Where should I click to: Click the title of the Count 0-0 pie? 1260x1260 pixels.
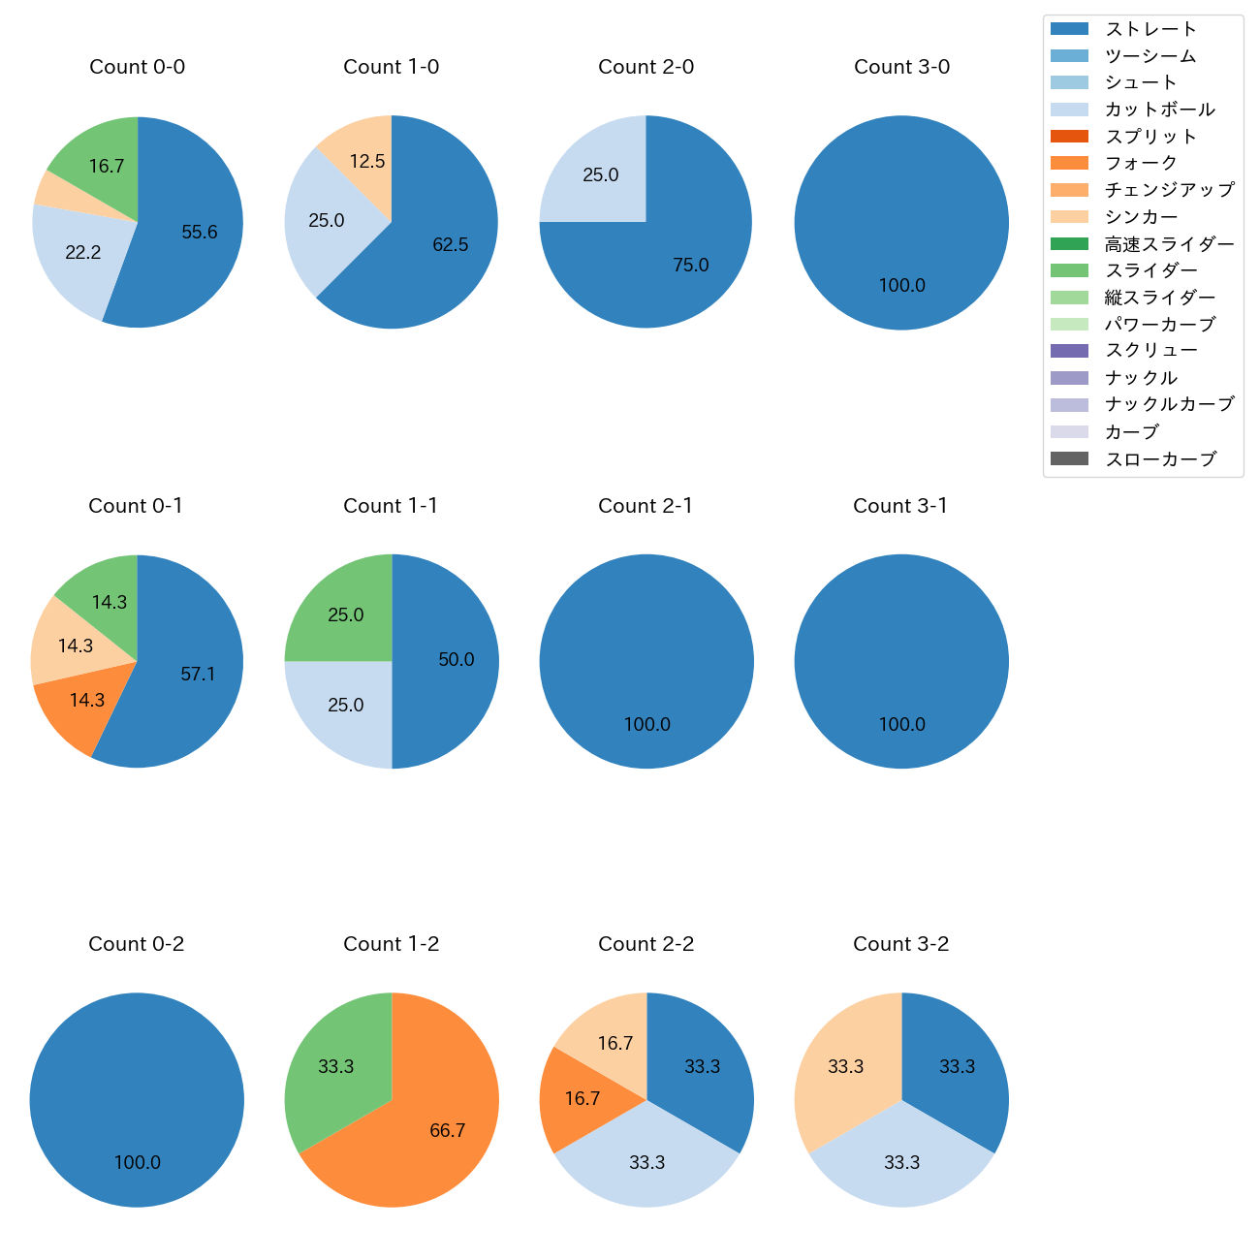pos(137,67)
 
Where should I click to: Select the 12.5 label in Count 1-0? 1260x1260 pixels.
pos(367,161)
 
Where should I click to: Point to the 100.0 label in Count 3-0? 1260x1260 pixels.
pos(901,285)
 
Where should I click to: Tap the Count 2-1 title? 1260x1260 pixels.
pos(646,506)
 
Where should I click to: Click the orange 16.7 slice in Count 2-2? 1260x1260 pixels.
pos(582,1098)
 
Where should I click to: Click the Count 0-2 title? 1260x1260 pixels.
pos(137,944)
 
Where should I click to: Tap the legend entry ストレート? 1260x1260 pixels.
pos(1150,29)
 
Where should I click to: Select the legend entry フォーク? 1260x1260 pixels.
pos(1141,163)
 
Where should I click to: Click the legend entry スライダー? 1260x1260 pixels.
pos(1150,270)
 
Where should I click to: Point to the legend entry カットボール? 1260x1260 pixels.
pos(1159,110)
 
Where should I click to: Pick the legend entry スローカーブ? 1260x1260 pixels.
pos(1160,459)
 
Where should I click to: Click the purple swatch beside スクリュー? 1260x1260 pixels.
pos(1069,351)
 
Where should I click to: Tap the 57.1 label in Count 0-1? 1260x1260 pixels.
pos(198,674)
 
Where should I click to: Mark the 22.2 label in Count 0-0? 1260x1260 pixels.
pos(82,252)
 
